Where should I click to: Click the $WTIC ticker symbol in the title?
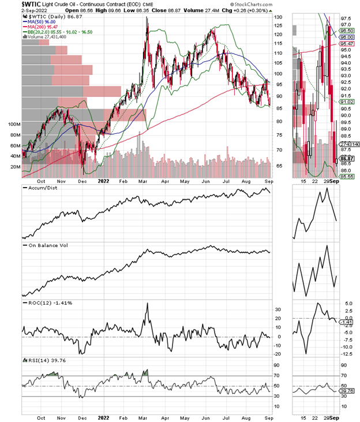tap(33, 3)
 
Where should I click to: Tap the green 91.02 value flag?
tap(346, 102)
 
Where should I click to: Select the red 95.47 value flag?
tap(346, 43)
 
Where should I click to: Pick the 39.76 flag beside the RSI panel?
tap(346, 393)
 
